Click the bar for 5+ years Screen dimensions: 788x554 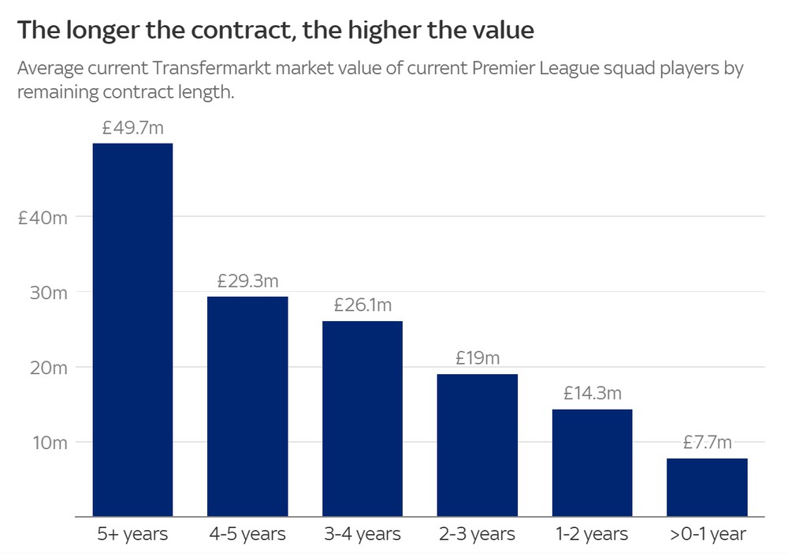132,330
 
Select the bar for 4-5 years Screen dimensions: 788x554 247,406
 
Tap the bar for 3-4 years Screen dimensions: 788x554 362,418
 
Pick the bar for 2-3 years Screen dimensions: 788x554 478,445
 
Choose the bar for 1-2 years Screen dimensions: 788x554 592,463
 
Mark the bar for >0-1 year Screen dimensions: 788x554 707,488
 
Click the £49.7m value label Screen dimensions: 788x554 132,128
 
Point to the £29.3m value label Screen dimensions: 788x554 247,281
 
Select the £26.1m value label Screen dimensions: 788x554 362,305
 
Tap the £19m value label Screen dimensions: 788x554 478,357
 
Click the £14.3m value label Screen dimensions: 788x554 593,393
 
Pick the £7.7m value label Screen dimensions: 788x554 707,442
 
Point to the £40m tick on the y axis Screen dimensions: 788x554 43,218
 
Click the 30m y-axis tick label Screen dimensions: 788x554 48,293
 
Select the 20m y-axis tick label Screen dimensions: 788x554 48,368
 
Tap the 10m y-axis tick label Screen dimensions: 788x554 50,443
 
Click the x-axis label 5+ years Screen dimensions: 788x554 132,533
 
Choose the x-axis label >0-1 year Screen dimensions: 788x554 708,533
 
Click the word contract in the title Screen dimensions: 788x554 240,30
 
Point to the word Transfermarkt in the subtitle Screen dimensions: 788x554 211,68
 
